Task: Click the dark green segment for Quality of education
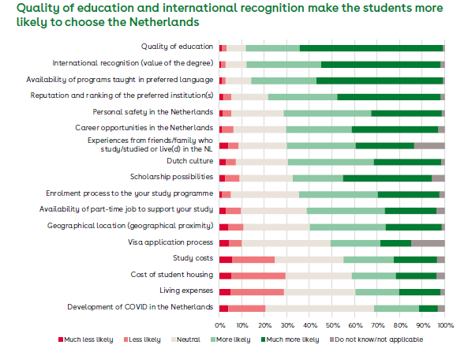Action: pos(371,48)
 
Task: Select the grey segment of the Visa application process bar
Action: pos(428,243)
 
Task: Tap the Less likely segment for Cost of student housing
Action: pos(259,276)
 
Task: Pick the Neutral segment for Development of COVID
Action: pos(320,309)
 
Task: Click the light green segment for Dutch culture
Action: pos(331,162)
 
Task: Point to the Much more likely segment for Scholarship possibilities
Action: pos(388,178)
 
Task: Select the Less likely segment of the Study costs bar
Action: pos(253,260)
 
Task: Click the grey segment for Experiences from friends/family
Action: pos(429,146)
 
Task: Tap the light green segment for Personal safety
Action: pos(328,113)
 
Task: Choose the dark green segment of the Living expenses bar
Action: pos(420,292)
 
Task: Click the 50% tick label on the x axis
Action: pos(332,325)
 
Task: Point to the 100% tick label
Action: pos(446,325)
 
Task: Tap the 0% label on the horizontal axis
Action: pos(220,325)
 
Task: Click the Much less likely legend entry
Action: pos(86,339)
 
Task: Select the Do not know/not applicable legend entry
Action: pos(376,339)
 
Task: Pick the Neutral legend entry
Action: pos(185,339)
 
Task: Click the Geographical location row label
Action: pos(130,226)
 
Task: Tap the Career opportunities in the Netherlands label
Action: pos(144,128)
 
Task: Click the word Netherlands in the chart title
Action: pos(164,22)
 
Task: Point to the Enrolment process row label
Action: pos(129,193)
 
